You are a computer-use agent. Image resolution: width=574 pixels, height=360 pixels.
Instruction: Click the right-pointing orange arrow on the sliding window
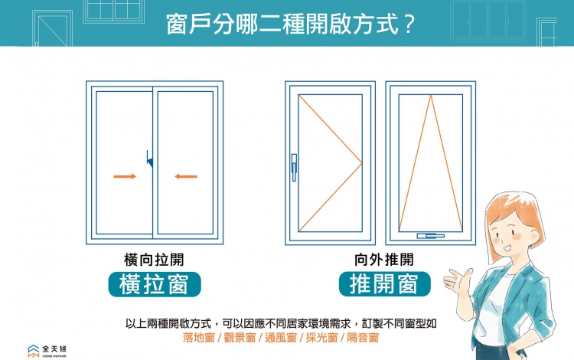(125, 177)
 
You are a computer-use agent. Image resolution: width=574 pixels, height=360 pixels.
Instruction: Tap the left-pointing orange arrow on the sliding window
(185, 177)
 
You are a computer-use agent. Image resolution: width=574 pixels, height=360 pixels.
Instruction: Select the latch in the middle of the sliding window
(151, 159)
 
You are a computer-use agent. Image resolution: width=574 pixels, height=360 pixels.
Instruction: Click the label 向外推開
(384, 260)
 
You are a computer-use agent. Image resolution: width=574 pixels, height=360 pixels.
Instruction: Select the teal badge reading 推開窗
(384, 284)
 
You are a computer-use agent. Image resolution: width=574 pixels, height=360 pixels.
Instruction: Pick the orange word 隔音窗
(362, 337)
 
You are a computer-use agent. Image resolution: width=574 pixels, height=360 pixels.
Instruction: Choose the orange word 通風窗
(280, 337)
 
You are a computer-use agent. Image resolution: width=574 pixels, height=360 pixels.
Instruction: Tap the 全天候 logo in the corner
(47, 351)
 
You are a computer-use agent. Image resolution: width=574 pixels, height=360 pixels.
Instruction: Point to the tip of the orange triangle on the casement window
(361, 163)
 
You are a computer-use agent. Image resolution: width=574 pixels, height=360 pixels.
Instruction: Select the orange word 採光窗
(321, 337)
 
